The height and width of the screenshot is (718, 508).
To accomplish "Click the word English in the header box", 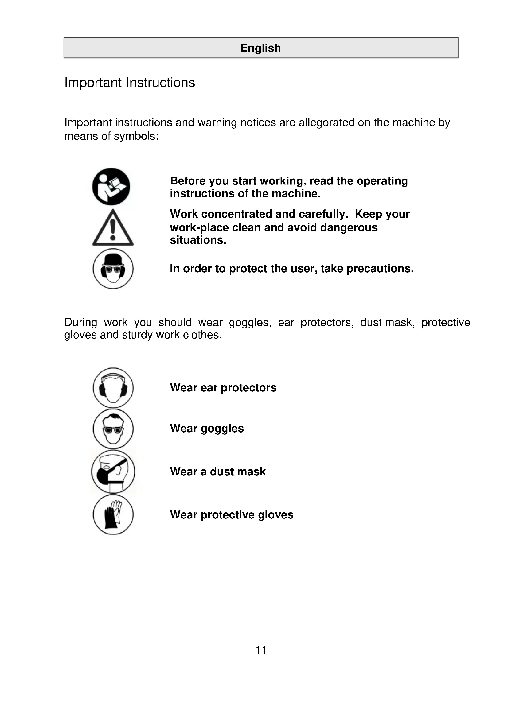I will point(260,48).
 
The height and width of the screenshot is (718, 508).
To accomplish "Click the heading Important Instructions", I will point(130,83).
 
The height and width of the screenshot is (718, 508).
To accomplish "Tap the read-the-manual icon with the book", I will point(111,187).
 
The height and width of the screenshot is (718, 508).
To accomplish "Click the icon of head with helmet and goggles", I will point(113,269).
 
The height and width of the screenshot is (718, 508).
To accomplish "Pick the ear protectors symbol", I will point(113,388).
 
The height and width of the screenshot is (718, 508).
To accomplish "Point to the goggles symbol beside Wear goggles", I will point(113,429).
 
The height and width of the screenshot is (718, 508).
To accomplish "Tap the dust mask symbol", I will point(113,472).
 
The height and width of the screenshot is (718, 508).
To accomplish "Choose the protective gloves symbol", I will point(113,514).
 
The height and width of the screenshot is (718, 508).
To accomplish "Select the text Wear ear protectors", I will point(223,388).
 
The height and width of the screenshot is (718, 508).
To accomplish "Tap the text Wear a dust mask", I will point(218,472).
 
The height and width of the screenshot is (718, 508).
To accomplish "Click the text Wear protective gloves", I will point(232,515).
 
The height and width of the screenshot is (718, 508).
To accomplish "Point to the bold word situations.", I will point(198,240).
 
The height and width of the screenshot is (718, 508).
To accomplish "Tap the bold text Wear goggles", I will point(207,429).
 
